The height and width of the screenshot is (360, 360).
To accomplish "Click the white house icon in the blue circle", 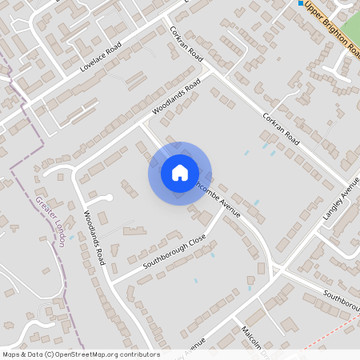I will click(x=179, y=172).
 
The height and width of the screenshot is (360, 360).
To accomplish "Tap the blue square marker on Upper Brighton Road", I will click(x=301, y=3).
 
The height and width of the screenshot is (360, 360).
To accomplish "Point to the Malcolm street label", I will click(x=254, y=337).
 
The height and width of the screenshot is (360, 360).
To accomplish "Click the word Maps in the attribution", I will click(x=11, y=354).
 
